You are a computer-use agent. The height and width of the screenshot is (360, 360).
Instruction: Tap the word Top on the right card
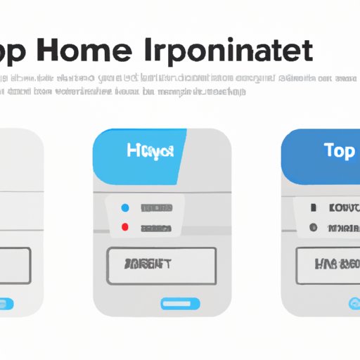(x=339, y=152)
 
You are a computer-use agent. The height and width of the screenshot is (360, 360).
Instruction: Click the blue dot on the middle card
(x=125, y=208)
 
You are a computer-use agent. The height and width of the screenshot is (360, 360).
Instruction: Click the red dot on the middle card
(x=125, y=228)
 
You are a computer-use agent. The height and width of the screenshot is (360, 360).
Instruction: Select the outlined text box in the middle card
(x=162, y=265)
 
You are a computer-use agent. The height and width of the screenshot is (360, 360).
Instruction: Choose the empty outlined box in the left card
(x=14, y=265)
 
